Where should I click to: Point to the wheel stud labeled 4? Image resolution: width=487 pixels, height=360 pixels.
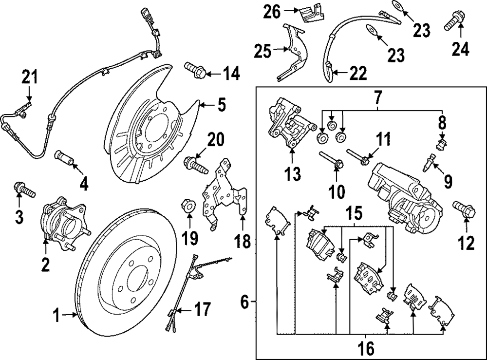(x=65, y=158)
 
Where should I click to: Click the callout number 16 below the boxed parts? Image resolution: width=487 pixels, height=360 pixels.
(x=366, y=348)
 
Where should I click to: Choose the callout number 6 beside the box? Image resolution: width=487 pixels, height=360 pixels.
(x=246, y=303)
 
